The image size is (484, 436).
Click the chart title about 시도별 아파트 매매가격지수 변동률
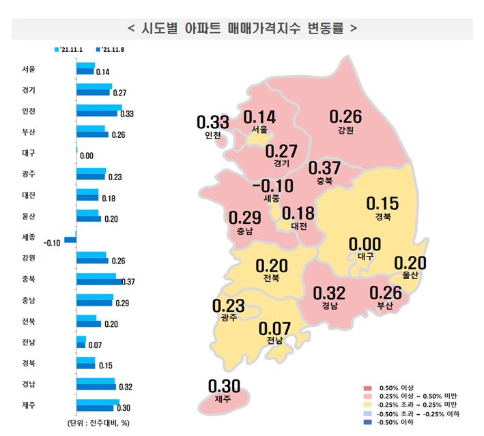[x=242, y=29]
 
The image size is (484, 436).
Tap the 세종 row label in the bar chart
[x=29, y=237]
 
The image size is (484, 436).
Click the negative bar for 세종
[x=70, y=240]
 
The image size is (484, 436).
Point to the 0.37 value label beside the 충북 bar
[x=128, y=281]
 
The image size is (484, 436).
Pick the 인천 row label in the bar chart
[x=29, y=111]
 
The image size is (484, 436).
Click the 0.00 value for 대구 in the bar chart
[x=87, y=156]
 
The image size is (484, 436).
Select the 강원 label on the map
[x=345, y=130]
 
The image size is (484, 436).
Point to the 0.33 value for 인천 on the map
[x=212, y=123]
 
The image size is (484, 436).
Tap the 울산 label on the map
[x=410, y=275]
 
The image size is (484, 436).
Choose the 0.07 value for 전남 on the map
[x=274, y=329]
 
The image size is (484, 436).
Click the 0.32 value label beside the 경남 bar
[x=125, y=387]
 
